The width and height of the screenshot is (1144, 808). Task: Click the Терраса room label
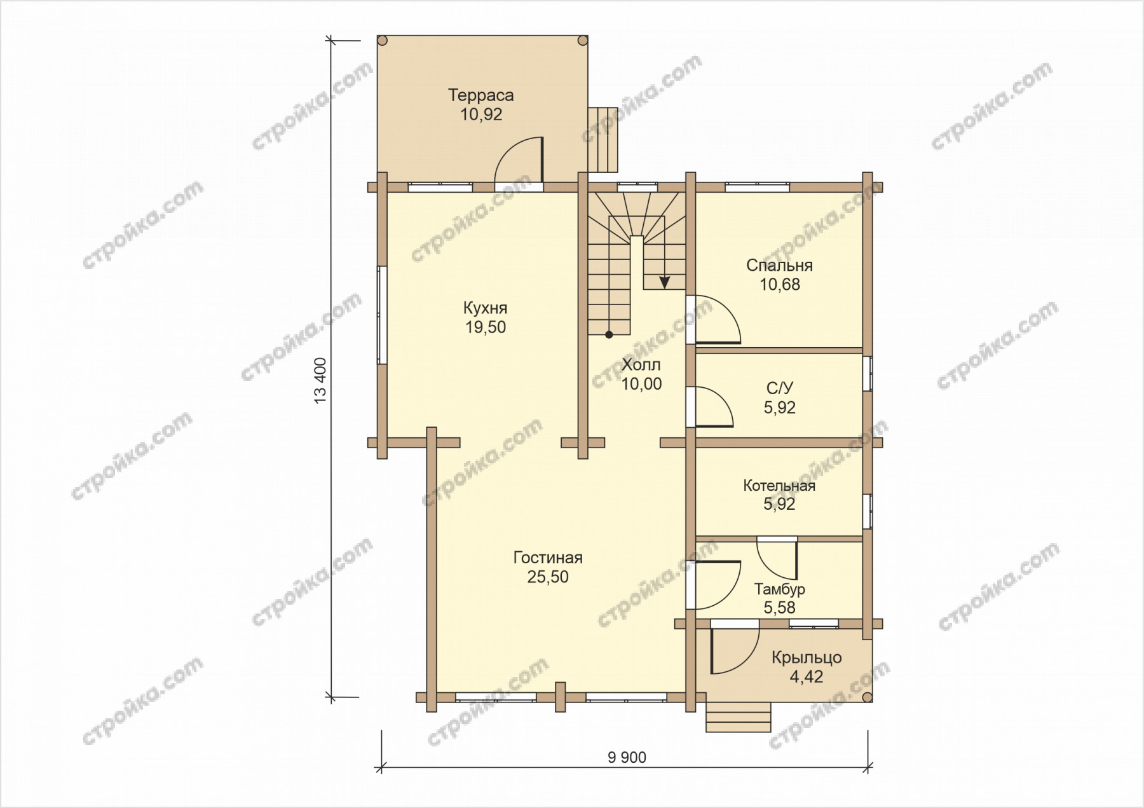tap(480, 95)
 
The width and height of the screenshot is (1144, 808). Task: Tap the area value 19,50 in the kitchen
tap(486, 327)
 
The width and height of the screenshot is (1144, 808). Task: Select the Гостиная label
tap(548, 558)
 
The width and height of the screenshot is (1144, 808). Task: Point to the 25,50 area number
tap(548, 577)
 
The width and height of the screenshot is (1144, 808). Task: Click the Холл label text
tap(641, 365)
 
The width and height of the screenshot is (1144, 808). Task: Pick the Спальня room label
tap(779, 266)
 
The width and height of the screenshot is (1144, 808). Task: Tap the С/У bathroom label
tap(779, 388)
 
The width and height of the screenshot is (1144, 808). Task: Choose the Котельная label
tap(779, 486)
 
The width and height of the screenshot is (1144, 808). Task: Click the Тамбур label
tap(779, 589)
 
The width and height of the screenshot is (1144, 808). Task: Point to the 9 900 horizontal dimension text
tap(627, 758)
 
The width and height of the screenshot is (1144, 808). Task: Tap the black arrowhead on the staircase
tap(664, 282)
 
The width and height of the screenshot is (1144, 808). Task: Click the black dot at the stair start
tap(609, 334)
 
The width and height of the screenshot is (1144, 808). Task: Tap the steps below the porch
tap(739, 717)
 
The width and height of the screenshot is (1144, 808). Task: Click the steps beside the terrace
tap(603, 139)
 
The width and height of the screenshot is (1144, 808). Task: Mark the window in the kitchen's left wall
tap(382, 315)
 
